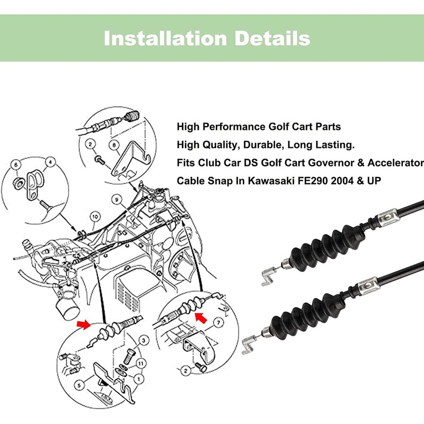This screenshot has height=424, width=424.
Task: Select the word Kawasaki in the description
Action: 262,181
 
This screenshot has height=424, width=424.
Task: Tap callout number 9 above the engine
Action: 113,200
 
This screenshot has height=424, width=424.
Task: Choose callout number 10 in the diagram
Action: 94,216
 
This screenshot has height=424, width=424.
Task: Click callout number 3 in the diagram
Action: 143,340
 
